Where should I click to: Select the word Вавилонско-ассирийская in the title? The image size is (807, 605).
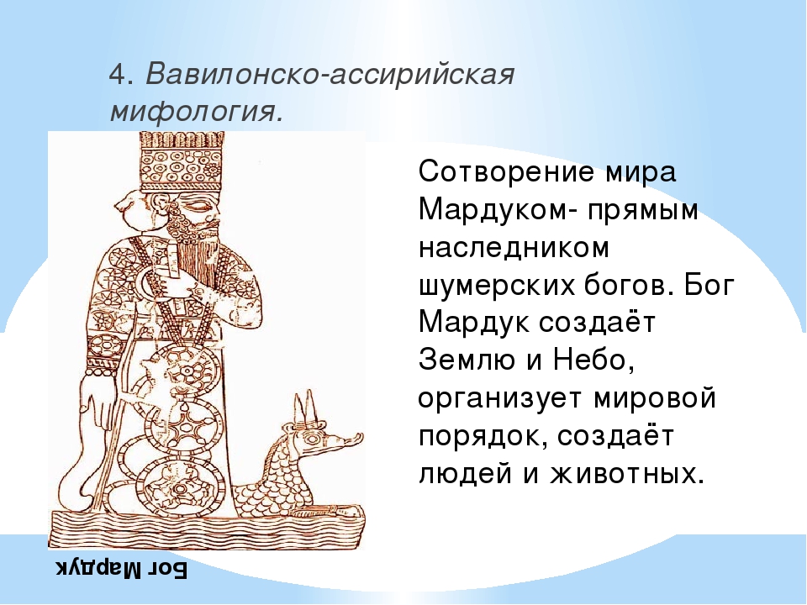330,74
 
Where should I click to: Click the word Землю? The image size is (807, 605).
466,360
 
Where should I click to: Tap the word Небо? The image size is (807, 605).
593,360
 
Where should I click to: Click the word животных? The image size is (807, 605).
626,474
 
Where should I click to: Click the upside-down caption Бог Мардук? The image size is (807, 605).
121,569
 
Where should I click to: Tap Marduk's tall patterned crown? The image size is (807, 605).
182,161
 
